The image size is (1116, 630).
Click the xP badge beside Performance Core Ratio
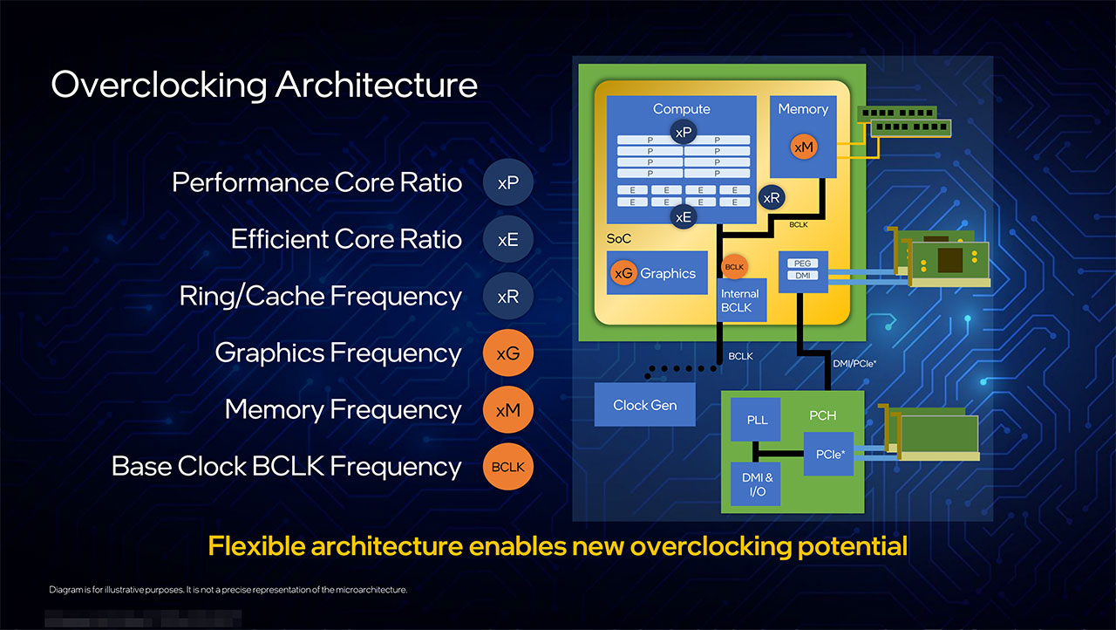[x=507, y=183]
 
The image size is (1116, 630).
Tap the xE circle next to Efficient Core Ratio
[x=507, y=240]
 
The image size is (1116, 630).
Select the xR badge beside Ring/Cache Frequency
[x=507, y=297]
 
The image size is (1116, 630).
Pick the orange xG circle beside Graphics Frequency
[x=507, y=353]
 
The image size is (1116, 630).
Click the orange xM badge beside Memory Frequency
[x=507, y=410]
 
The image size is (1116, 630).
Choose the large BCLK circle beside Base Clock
[x=507, y=467]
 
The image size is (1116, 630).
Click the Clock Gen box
[x=644, y=405]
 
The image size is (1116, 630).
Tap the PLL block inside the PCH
[x=757, y=420]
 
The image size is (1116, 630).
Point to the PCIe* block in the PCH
[x=828, y=454]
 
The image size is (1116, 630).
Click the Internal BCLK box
[x=739, y=301]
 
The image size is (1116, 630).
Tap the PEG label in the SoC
[x=802, y=263]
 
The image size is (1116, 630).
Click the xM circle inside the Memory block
[x=804, y=147]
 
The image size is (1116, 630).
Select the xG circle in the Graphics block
[x=624, y=273]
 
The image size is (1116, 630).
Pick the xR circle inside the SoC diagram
[x=772, y=198]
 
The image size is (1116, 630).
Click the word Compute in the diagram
[x=681, y=109]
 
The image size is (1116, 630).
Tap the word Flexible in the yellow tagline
[x=255, y=547]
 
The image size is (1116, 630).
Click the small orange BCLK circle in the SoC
[x=734, y=266]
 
